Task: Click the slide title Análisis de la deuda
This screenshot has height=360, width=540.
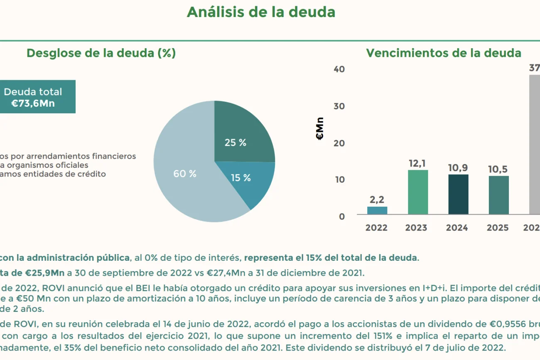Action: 261,12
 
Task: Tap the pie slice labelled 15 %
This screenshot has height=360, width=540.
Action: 249,181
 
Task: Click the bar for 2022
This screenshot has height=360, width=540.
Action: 377,211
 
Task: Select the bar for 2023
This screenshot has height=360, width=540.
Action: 418,192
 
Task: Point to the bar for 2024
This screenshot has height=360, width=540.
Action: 458,194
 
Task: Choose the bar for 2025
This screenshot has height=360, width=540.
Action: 498,195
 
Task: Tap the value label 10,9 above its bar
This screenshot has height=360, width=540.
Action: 458,168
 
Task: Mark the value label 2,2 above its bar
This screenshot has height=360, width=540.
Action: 377,200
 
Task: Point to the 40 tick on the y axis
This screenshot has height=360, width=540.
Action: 339,69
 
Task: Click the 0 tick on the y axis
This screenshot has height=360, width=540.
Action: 342,216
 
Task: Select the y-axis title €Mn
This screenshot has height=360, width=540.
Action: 320,129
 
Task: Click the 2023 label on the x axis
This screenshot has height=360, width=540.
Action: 416,228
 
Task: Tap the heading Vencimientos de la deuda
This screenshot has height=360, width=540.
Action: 443,53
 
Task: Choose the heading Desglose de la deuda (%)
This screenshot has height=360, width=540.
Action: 101,53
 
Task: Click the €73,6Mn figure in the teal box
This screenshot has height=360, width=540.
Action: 33,103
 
